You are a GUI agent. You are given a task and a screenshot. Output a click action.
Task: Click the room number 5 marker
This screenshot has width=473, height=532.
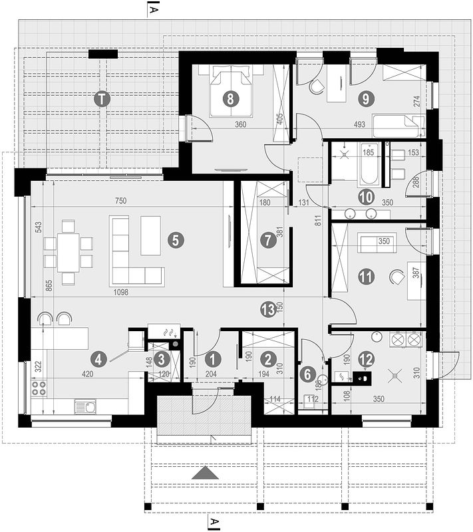pos(176,240)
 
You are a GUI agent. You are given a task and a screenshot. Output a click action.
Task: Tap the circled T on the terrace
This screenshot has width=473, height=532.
pos(102,100)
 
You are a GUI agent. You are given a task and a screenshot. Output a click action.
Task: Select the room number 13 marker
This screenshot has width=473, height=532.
pos(268,309)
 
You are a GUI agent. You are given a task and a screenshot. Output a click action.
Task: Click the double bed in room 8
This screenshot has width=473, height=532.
pos(231,91)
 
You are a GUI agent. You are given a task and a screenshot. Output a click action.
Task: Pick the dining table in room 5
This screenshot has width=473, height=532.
pos(69,253)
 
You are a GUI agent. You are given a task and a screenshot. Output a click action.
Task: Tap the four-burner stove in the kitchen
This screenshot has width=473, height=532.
pos(39,388)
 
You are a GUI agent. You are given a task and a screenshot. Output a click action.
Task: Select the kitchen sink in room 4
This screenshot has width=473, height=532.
pos(85,406)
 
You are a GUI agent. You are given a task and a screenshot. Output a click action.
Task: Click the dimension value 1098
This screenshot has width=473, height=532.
pos(121,292)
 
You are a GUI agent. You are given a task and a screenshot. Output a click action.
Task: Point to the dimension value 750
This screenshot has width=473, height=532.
pos(120,201)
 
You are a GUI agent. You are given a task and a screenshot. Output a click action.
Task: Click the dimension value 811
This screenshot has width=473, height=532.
pos(318,221)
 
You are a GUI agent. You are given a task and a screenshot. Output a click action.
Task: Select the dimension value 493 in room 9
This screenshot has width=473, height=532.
pos(359,124)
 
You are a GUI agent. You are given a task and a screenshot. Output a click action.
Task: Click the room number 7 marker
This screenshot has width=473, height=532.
pos(267,240)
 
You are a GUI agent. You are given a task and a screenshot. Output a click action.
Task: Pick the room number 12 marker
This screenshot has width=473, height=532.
pos(366,358)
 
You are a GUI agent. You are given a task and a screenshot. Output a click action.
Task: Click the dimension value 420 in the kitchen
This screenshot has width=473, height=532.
pos(88,374)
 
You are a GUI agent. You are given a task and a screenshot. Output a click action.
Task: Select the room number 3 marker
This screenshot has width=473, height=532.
pos(162,359)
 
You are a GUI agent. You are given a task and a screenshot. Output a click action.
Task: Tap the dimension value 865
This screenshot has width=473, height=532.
pos(49,286)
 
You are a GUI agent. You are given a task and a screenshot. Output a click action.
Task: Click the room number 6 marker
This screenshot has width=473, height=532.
pos(307,374)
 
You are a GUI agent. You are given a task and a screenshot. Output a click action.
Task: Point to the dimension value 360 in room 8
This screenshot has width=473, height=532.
pos(241,124)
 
